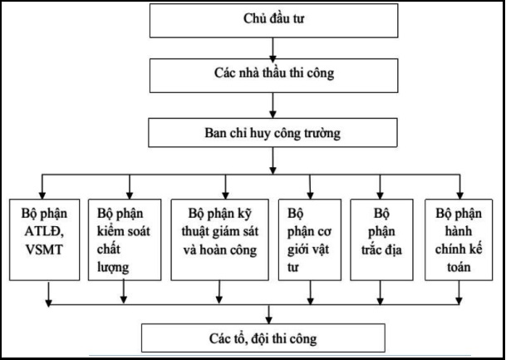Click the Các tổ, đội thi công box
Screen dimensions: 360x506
click(263, 338)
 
